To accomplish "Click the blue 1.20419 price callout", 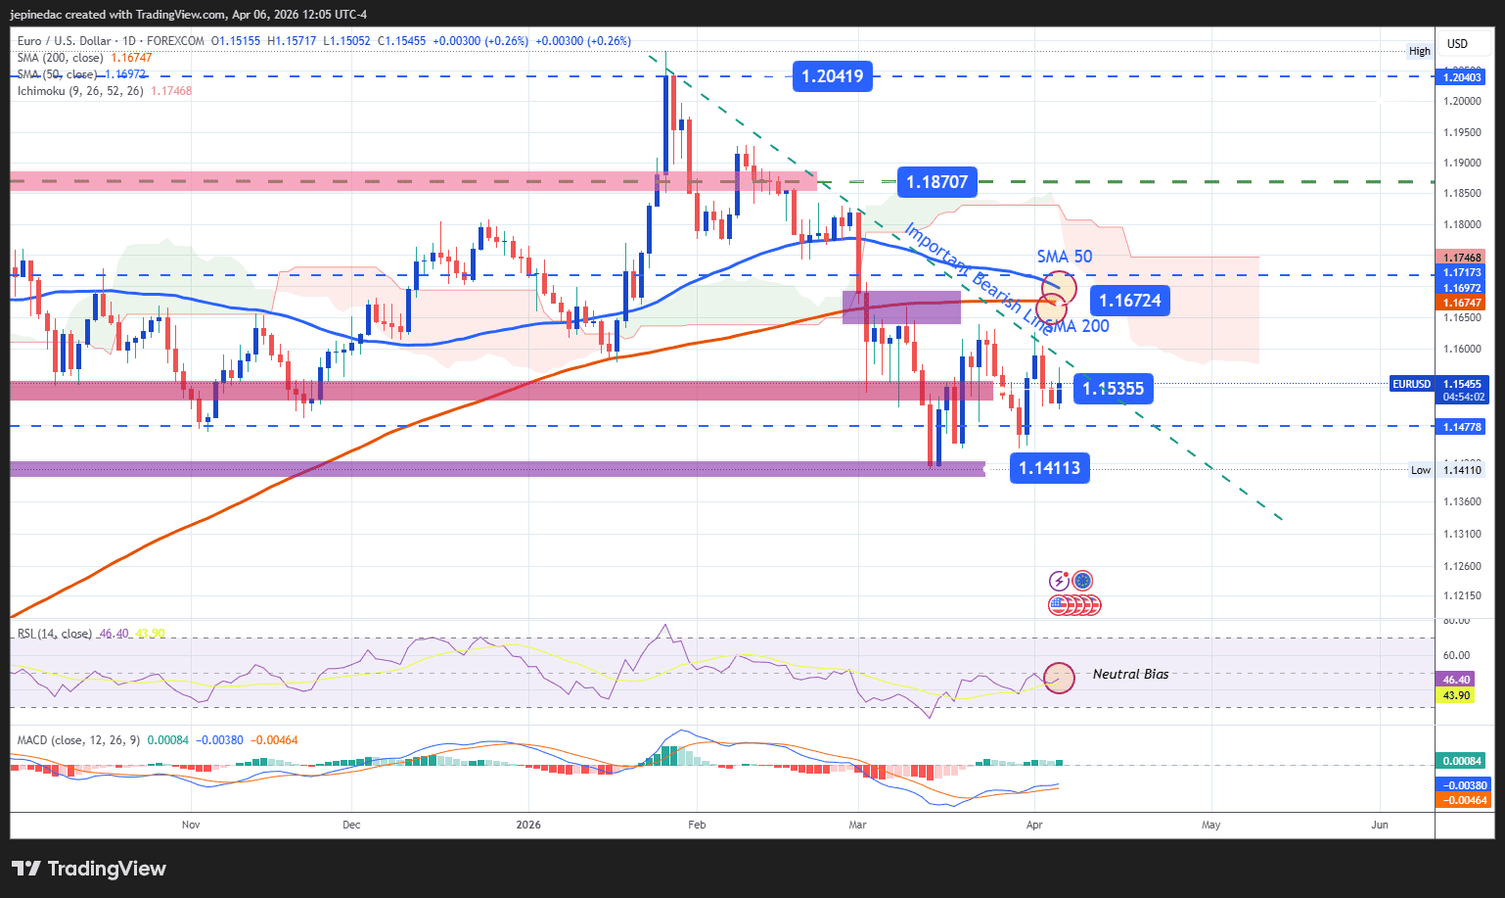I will coord(832,75).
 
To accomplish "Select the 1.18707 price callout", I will coord(936,181).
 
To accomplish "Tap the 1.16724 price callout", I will coord(1129,301).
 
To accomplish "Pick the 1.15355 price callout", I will coord(1113,389).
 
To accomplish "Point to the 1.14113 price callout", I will coord(1049,468).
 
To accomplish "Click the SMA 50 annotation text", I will coord(1065,257).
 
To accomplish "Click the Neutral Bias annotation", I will coord(1130,674).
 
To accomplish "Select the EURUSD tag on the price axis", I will coord(1411,384).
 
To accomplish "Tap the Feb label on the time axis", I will coord(697,825).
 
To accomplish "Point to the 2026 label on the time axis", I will coord(528,825).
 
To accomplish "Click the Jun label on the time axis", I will coord(1380,825).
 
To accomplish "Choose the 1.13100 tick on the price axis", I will coord(1461,534).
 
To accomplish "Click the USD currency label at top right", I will coord(1458,43).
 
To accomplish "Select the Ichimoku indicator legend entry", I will coord(80,91).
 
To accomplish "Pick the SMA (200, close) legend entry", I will coord(60,58).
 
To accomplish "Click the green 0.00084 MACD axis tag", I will coord(1462,761).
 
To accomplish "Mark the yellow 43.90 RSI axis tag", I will coord(1457,695).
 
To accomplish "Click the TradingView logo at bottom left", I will coord(89,869).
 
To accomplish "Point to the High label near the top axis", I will coord(1419,51).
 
